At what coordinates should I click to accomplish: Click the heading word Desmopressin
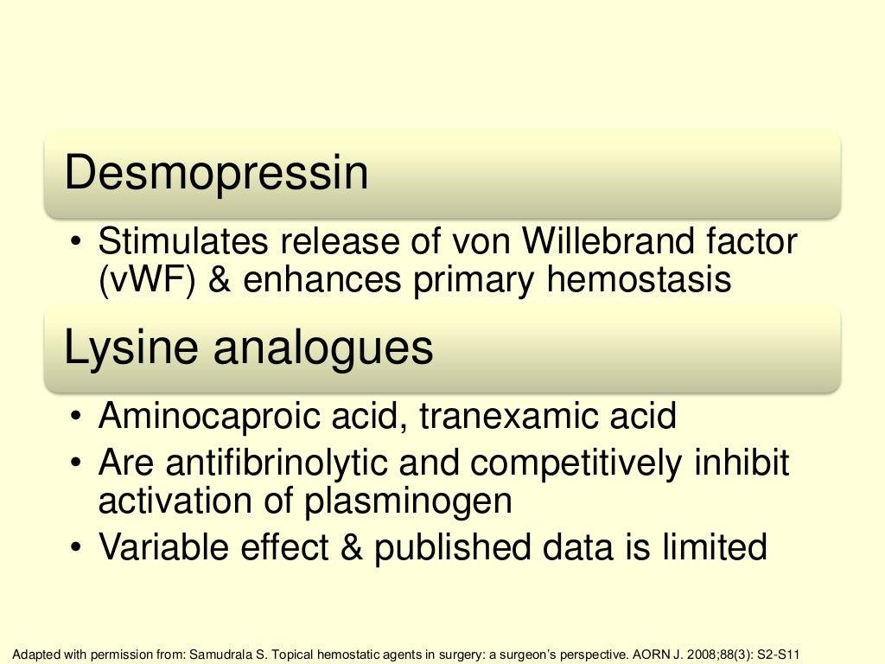click(216, 174)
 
